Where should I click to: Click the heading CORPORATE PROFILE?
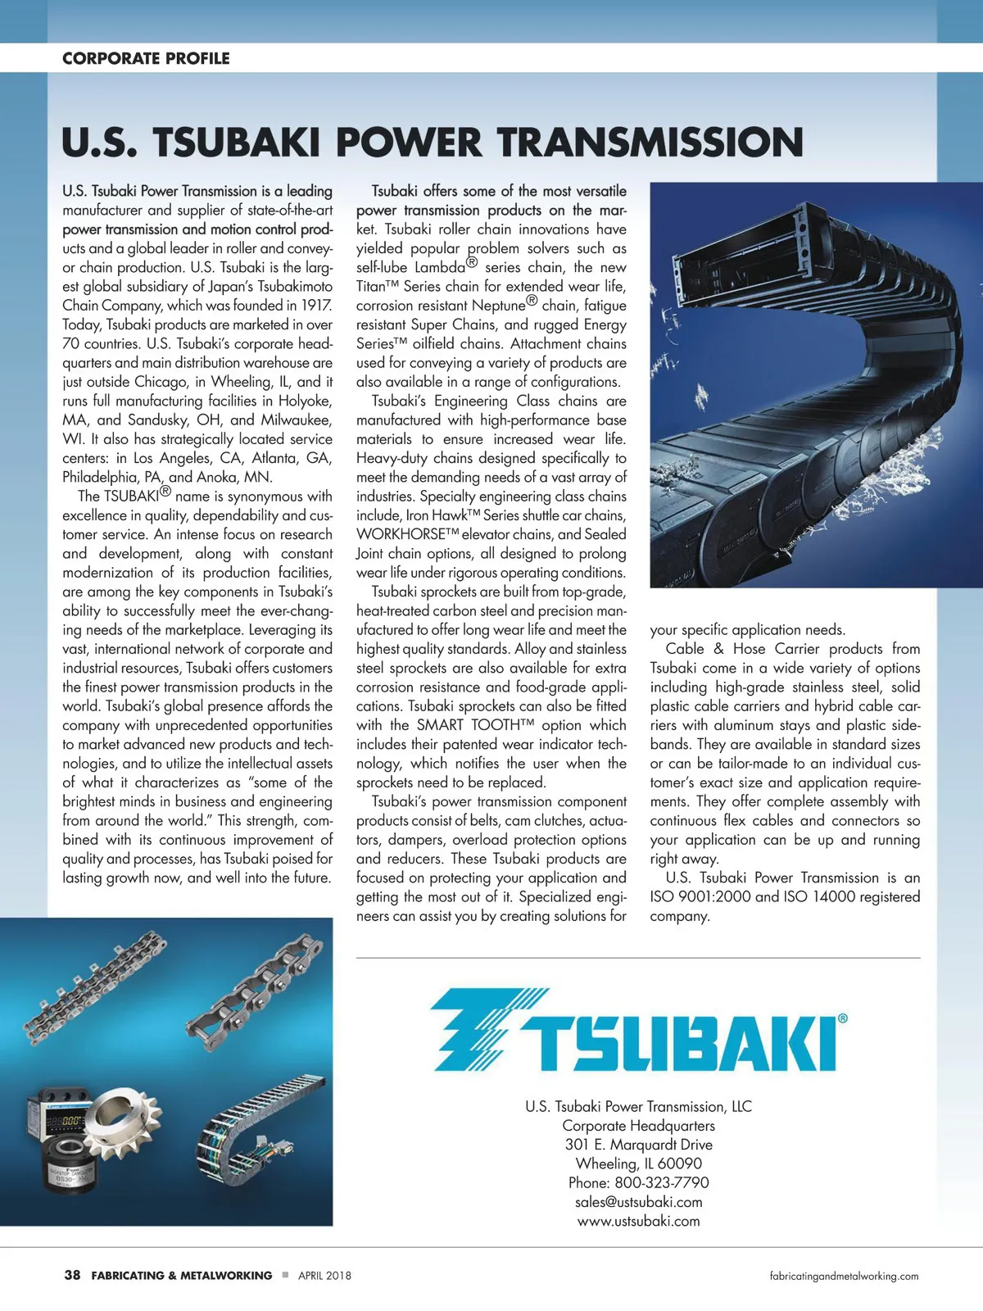tap(146, 58)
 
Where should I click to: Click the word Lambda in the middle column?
tap(440, 267)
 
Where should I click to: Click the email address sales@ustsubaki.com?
tap(638, 1202)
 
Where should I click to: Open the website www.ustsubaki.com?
tap(638, 1221)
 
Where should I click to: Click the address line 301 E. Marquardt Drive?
tap(638, 1145)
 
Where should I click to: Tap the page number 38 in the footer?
tap(72, 1275)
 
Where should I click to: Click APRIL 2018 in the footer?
tap(324, 1276)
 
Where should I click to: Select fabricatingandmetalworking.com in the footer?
tap(844, 1276)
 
